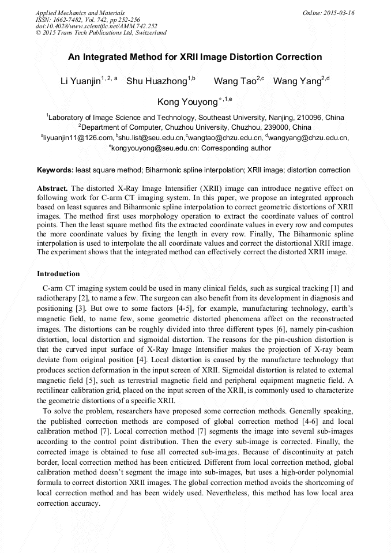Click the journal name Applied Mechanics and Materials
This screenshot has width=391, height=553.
(80, 13)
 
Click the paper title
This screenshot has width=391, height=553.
(195, 57)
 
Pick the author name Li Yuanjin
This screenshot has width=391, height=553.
(80, 81)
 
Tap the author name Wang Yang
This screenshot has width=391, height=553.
(296, 81)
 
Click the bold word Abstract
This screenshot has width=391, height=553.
(52, 189)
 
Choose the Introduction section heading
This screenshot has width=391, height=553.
(58, 273)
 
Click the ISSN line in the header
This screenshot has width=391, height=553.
(88, 20)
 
